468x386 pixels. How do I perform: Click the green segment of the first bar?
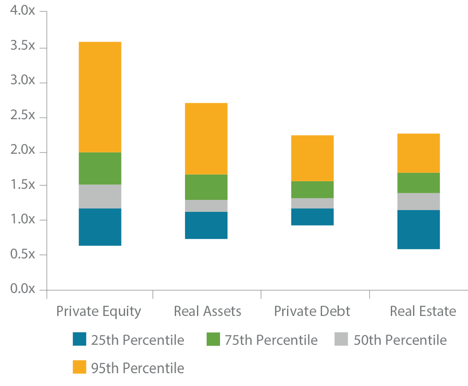(108, 168)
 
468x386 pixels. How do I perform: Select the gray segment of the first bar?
(108, 196)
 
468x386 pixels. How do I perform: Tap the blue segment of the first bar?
(108, 235)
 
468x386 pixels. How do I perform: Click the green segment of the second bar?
(206, 187)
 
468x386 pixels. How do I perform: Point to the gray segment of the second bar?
(206, 206)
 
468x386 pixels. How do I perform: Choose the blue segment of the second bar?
(206, 235)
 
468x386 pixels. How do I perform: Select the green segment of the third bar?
(312, 190)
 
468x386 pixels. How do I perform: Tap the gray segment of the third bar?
(312, 203)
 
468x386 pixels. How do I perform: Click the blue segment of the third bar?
(312, 230)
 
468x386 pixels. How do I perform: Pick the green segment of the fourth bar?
(416, 183)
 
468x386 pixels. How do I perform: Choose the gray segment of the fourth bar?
(416, 201)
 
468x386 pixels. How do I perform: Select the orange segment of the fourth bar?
(416, 115)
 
